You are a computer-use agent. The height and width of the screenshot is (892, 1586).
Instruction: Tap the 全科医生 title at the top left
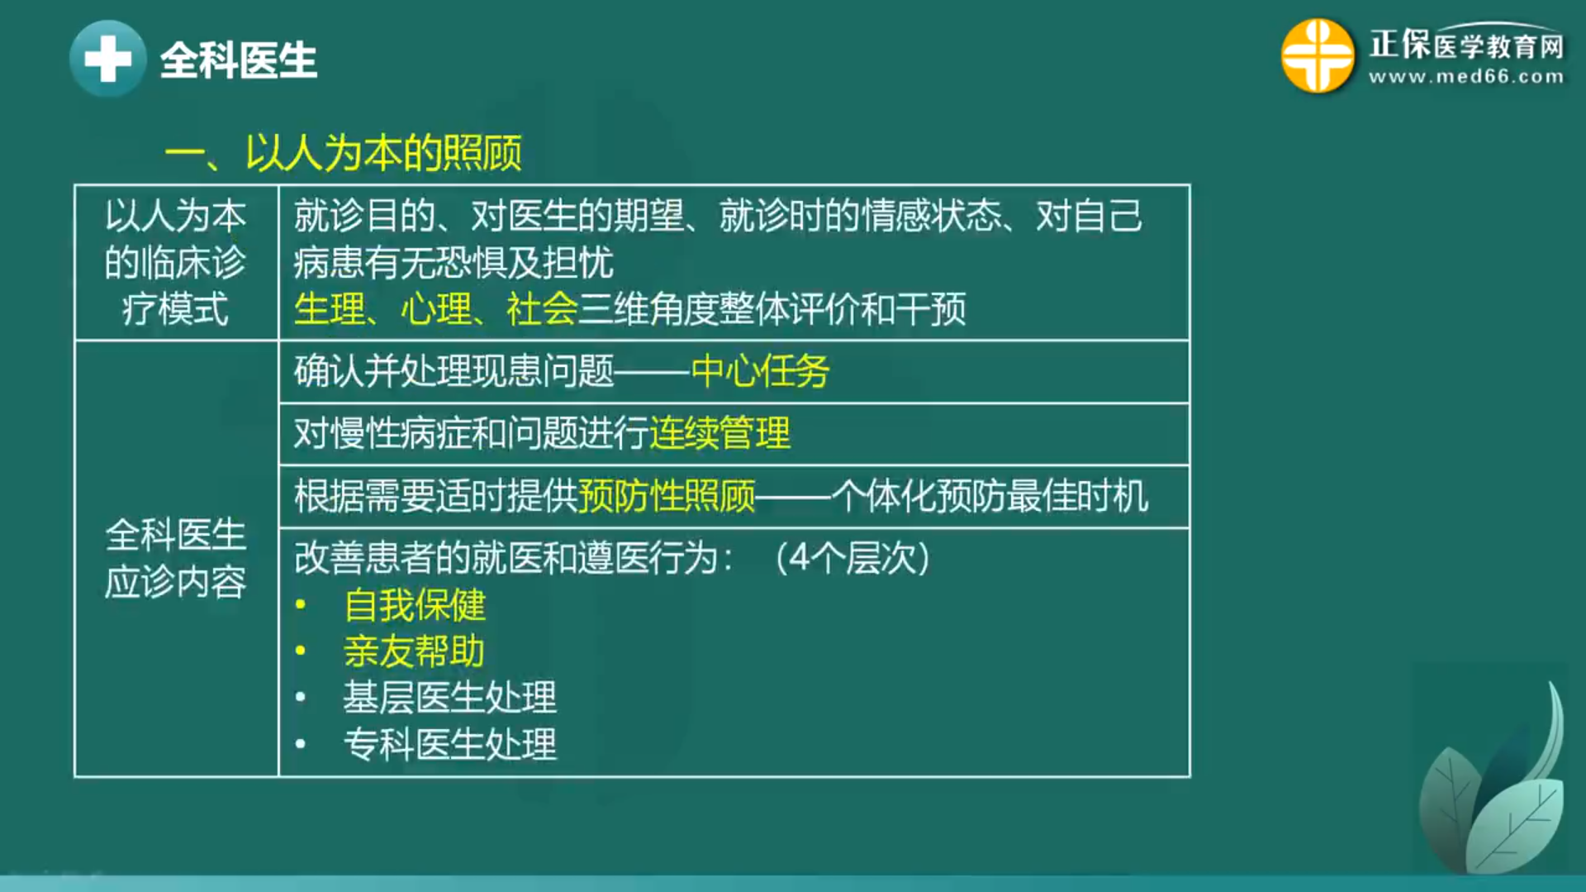tap(239, 60)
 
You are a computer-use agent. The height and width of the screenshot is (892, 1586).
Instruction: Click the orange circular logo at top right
tap(1318, 55)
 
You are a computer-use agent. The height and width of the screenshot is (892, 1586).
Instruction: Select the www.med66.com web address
tap(1466, 77)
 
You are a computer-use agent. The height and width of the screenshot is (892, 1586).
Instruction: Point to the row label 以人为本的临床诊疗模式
tap(175, 263)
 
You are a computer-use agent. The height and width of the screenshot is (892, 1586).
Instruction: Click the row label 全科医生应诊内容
tap(175, 559)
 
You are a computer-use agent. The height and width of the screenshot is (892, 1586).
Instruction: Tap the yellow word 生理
tap(330, 310)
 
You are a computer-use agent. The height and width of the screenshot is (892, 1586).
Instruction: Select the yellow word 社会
tap(542, 310)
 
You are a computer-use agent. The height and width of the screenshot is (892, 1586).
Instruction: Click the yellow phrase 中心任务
tap(761, 371)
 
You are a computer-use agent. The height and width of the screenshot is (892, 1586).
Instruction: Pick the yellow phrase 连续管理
tap(720, 433)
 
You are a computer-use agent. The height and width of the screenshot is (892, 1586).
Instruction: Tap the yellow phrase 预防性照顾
tap(667, 496)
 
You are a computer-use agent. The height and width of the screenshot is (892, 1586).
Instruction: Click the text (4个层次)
tap(853, 558)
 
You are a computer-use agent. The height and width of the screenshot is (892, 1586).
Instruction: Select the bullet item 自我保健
tap(415, 605)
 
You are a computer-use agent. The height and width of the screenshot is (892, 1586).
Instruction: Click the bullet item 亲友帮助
tap(415, 651)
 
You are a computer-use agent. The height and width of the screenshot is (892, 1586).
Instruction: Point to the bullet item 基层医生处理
tap(450, 698)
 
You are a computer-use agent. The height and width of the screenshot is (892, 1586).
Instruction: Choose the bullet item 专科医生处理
tap(450, 744)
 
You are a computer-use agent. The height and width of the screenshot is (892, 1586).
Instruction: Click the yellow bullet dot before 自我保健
tap(301, 605)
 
